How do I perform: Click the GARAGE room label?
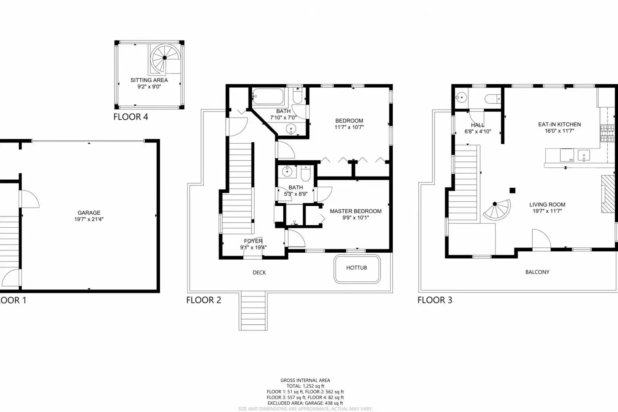click(89, 213)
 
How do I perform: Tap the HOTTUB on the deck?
click(356, 268)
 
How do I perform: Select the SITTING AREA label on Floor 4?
click(149, 80)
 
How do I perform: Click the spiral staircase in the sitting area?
click(165, 58)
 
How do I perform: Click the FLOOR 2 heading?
click(204, 300)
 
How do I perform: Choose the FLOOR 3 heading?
click(434, 300)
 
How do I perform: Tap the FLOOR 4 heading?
click(131, 117)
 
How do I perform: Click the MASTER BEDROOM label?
click(356, 211)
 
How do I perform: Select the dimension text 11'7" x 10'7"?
click(349, 127)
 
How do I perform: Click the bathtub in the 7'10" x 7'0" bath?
click(268, 96)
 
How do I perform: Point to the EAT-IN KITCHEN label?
click(559, 124)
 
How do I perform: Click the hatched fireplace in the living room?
click(608, 194)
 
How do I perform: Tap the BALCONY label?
click(537, 272)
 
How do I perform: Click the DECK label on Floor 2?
click(259, 272)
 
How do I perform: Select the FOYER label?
click(253, 241)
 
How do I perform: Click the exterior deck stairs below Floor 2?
click(253, 311)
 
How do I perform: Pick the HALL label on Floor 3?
click(477, 125)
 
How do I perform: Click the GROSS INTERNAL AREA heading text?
click(305, 380)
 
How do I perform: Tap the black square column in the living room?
click(512, 190)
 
